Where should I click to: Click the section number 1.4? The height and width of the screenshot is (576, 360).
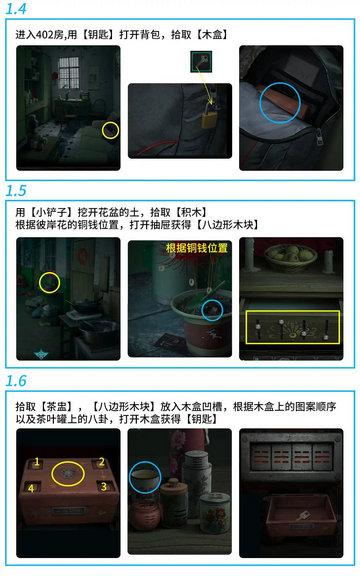(x=16, y=8)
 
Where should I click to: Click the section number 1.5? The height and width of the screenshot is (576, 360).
(x=16, y=191)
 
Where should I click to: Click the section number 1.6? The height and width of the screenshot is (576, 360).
(x=16, y=381)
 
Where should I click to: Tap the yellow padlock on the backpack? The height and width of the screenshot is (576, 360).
(x=208, y=118)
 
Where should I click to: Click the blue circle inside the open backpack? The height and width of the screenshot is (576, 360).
(x=260, y=102)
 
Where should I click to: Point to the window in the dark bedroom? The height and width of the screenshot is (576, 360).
(x=69, y=73)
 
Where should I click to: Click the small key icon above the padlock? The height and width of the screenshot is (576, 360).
(x=201, y=61)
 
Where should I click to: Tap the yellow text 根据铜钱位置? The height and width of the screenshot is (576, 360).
(x=197, y=248)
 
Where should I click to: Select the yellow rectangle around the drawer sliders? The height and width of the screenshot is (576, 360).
(x=246, y=327)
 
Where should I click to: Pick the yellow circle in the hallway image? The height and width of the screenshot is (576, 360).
(x=39, y=282)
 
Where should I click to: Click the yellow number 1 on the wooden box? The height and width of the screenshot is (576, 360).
(x=37, y=462)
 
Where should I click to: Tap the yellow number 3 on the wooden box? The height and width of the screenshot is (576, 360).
(x=104, y=487)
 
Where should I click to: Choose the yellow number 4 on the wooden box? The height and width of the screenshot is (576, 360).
(x=31, y=489)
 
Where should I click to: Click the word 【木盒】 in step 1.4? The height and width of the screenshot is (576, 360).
(x=212, y=35)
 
